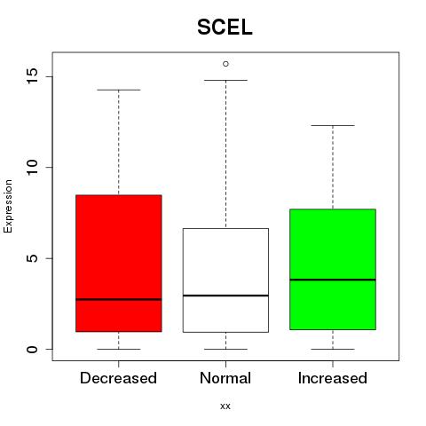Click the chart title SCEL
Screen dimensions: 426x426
pos(225,28)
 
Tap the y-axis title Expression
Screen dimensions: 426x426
pos(8,206)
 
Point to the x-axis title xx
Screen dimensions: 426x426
pos(225,406)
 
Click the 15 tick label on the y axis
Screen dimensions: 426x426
pos(33,76)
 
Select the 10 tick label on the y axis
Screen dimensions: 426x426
pos(33,167)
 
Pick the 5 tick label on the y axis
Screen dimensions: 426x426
pos(33,258)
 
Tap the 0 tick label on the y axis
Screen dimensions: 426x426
pos(33,349)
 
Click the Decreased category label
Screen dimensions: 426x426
pos(118,378)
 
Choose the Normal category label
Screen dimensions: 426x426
pos(225,378)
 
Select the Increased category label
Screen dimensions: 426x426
pos(333,378)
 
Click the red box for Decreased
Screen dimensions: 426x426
pos(119,264)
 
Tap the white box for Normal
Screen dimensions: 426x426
pos(225,280)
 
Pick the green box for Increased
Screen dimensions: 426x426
pos(333,269)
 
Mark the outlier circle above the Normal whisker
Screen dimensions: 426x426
pos(225,64)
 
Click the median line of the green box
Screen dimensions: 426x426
pos(333,280)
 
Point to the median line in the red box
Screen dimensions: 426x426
pos(119,299)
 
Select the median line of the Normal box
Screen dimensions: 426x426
pos(225,296)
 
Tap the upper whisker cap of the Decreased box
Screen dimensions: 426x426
pos(119,90)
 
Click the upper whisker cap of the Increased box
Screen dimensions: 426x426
pos(333,125)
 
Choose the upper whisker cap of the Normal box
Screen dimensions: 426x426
pos(225,80)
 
